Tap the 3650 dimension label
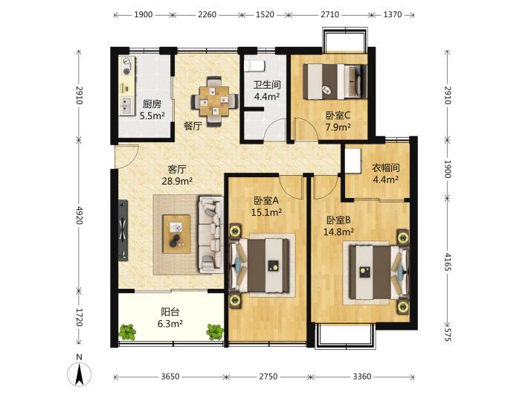pos(170,377)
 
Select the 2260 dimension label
pos(207,14)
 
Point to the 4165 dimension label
pos(448,262)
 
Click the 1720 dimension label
pos(79,318)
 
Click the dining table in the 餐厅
pos(214,101)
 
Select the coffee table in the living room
pos(176,234)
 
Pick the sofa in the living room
pos(210,234)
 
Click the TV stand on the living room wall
pos(123,231)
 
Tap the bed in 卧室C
pos(335,82)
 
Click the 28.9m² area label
pos(177,181)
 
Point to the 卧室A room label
pos(266,201)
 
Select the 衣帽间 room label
pos(385,167)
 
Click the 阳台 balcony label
pos(170,312)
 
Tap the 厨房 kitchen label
pos(152,103)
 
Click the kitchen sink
pos(126,105)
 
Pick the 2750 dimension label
pos(268,377)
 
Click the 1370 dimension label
pos(393,14)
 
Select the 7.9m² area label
pos(338,127)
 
